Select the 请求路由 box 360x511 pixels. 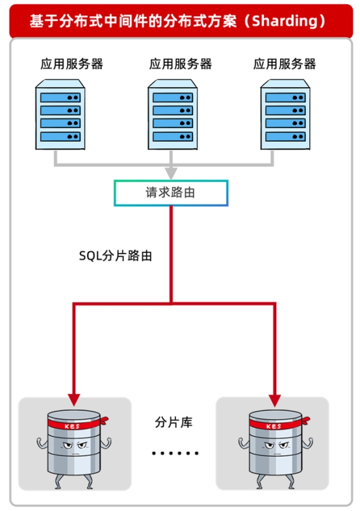pyautogui.click(x=171, y=193)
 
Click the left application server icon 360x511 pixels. pyautogui.click(x=59, y=116)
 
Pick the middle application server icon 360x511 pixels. pyautogui.click(x=172, y=116)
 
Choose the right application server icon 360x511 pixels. pyautogui.click(x=285, y=116)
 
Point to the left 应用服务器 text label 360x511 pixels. pyautogui.click(x=71, y=64)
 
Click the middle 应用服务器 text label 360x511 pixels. pyautogui.click(x=180, y=64)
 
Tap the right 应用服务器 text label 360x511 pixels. pyautogui.click(x=285, y=64)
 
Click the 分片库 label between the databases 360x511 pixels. pyautogui.click(x=174, y=422)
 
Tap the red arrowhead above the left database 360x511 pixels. pyautogui.click(x=73, y=398)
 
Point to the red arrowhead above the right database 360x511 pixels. pyautogui.click(x=274, y=398)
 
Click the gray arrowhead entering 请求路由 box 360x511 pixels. pyautogui.click(x=171, y=174)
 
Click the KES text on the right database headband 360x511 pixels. pyautogui.click(x=274, y=426)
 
